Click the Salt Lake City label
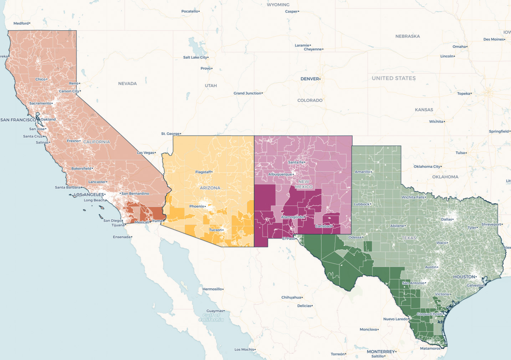click(x=195, y=57)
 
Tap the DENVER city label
click(x=310, y=79)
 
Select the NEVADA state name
click(x=127, y=83)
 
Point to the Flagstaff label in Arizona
click(x=203, y=172)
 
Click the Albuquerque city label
click(x=280, y=174)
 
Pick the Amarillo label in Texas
click(x=363, y=172)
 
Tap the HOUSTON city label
click(x=464, y=277)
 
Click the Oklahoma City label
click(x=427, y=167)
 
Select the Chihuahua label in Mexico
click(x=291, y=297)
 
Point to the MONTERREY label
click(x=381, y=351)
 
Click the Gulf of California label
click(x=211, y=318)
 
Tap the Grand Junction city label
click(x=247, y=93)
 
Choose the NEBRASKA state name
click(x=408, y=36)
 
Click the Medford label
click(x=21, y=24)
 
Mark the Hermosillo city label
click(x=213, y=289)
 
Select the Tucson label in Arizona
click(x=215, y=230)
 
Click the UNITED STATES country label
click(x=394, y=78)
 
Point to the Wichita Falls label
click(x=413, y=197)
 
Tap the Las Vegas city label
click(x=146, y=153)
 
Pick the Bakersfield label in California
click(x=81, y=168)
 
